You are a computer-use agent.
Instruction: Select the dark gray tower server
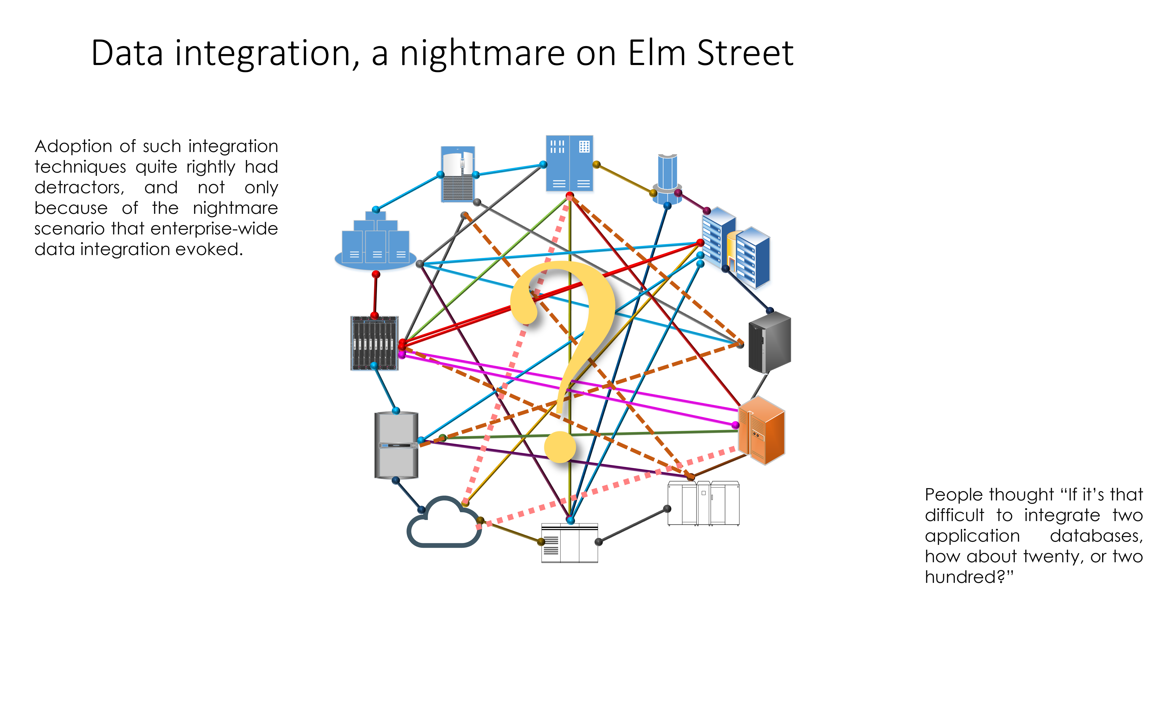(769, 342)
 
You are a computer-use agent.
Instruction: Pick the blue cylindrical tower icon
(667, 178)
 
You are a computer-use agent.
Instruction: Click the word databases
(1096, 536)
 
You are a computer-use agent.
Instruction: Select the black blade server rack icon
(374, 343)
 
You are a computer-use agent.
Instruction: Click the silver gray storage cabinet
(396, 445)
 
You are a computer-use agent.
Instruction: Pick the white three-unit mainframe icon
(703, 503)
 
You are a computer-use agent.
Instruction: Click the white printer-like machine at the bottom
(569, 543)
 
